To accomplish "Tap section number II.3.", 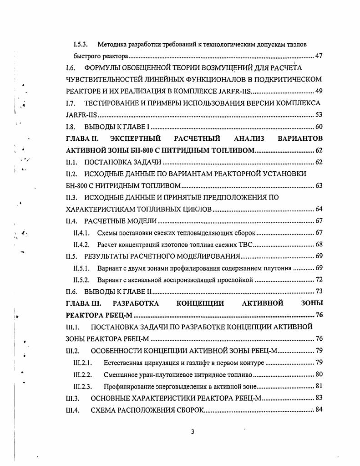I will [x=71, y=197].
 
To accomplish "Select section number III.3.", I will [x=73, y=398].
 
